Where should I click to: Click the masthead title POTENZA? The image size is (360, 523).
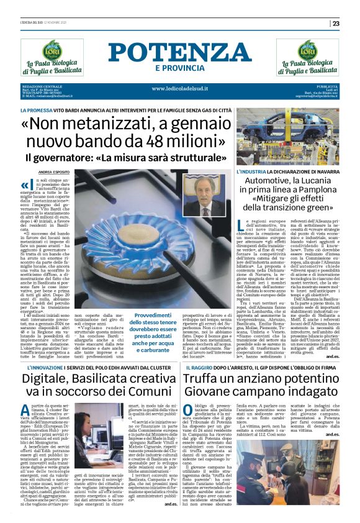pyautogui.click(x=179, y=53)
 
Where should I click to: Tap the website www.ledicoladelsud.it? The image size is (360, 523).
pyautogui.click(x=180, y=88)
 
